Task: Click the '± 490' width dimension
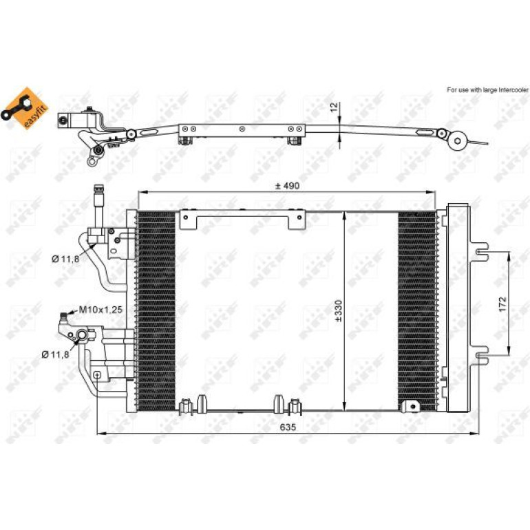pyautogui.click(x=287, y=186)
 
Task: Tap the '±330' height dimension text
pyautogui.click(x=339, y=310)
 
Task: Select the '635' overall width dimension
pyautogui.click(x=288, y=427)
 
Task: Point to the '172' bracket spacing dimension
pyautogui.click(x=503, y=304)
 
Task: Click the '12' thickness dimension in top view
pyautogui.click(x=334, y=107)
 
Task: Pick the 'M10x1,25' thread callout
pyautogui.click(x=100, y=309)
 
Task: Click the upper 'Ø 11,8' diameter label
pyautogui.click(x=65, y=259)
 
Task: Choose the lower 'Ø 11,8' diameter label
pyautogui.click(x=56, y=354)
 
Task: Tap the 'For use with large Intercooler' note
pyautogui.click(x=487, y=90)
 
